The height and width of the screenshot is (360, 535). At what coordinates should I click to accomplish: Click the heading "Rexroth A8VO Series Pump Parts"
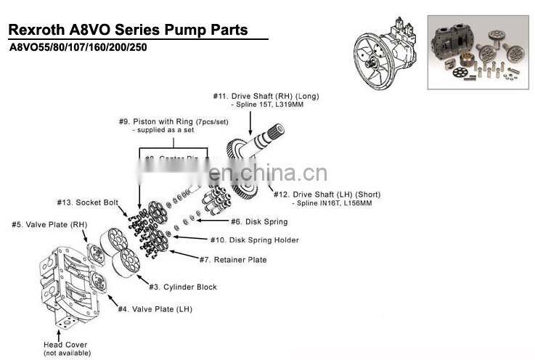(x=127, y=30)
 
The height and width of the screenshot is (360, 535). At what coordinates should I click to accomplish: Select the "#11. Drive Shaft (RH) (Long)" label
(x=266, y=96)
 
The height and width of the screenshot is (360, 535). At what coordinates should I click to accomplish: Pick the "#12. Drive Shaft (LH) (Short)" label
(x=327, y=195)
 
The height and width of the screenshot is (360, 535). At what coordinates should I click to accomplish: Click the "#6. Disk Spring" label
(x=259, y=221)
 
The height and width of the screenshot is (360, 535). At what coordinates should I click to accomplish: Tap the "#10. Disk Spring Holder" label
(x=255, y=240)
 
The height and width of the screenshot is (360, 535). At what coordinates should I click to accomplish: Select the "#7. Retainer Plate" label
(x=233, y=259)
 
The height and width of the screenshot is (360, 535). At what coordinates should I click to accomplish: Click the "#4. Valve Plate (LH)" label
(x=156, y=309)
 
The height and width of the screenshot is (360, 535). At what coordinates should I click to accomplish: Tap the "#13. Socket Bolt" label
(x=87, y=202)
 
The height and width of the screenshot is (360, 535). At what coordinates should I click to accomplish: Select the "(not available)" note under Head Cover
(x=68, y=353)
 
